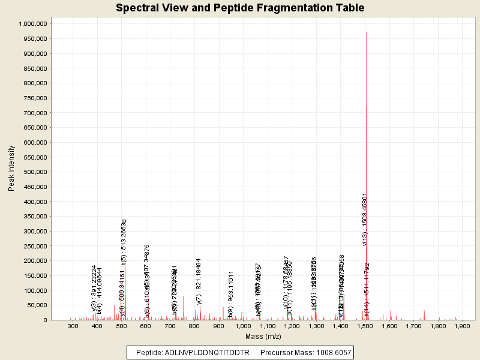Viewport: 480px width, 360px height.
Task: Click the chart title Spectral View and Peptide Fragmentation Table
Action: click(240, 8)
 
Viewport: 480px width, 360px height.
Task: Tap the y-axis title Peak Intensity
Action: click(11, 171)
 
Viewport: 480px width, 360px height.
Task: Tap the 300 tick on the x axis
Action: click(73, 327)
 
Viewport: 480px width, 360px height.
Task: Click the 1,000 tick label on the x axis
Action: click(243, 327)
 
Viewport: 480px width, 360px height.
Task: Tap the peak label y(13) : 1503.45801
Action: click(365, 219)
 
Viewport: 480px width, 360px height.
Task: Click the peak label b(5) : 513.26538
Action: click(124, 242)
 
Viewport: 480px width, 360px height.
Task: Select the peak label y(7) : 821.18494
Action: click(199, 281)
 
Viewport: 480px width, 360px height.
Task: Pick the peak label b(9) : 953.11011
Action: click(230, 293)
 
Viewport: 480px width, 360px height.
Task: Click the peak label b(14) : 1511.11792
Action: click(367, 290)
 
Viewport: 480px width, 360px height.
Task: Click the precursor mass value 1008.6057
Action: click(329, 352)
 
